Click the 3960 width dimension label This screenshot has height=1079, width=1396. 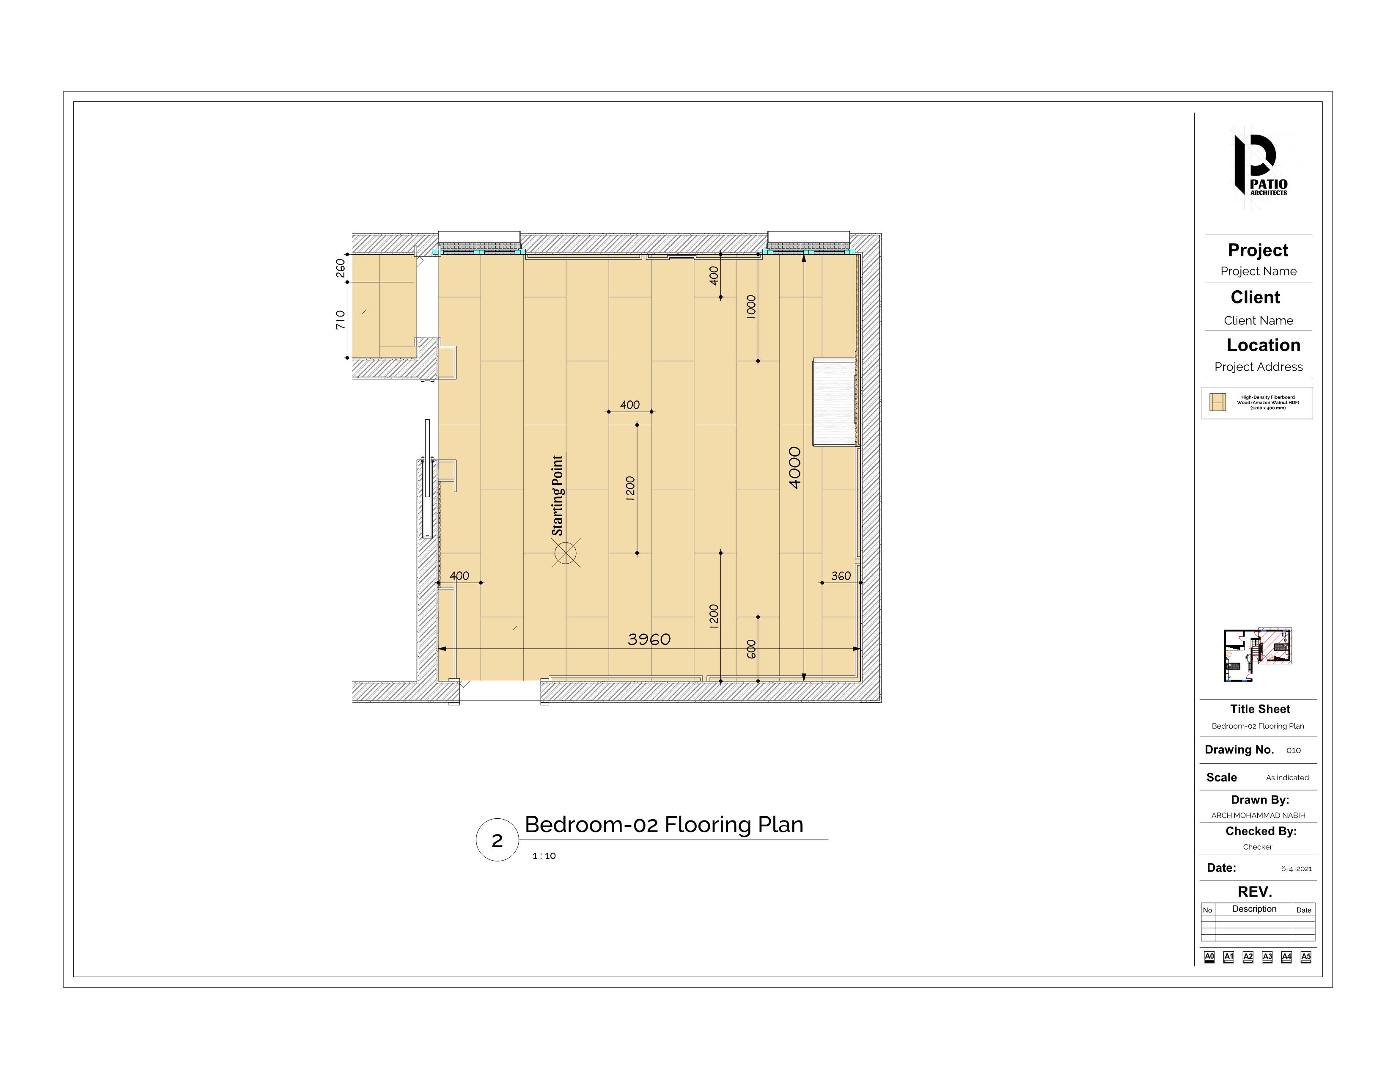point(649,639)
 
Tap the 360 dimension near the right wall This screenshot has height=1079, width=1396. point(841,576)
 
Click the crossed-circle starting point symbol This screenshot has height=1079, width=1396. point(566,553)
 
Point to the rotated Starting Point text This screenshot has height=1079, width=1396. point(558,495)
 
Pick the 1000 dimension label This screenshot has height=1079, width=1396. point(751,307)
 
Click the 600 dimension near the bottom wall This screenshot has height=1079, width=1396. point(751,649)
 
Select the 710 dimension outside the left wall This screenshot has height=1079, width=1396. point(341,319)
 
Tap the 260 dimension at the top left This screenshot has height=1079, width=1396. point(341,268)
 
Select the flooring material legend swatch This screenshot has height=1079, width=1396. point(1217,402)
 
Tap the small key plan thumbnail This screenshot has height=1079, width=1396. point(1257,655)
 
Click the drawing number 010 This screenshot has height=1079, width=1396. point(1293,751)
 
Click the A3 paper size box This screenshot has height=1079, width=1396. point(1267,957)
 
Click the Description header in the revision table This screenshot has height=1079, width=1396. point(1253,909)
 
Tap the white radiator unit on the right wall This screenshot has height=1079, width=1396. point(834,403)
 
